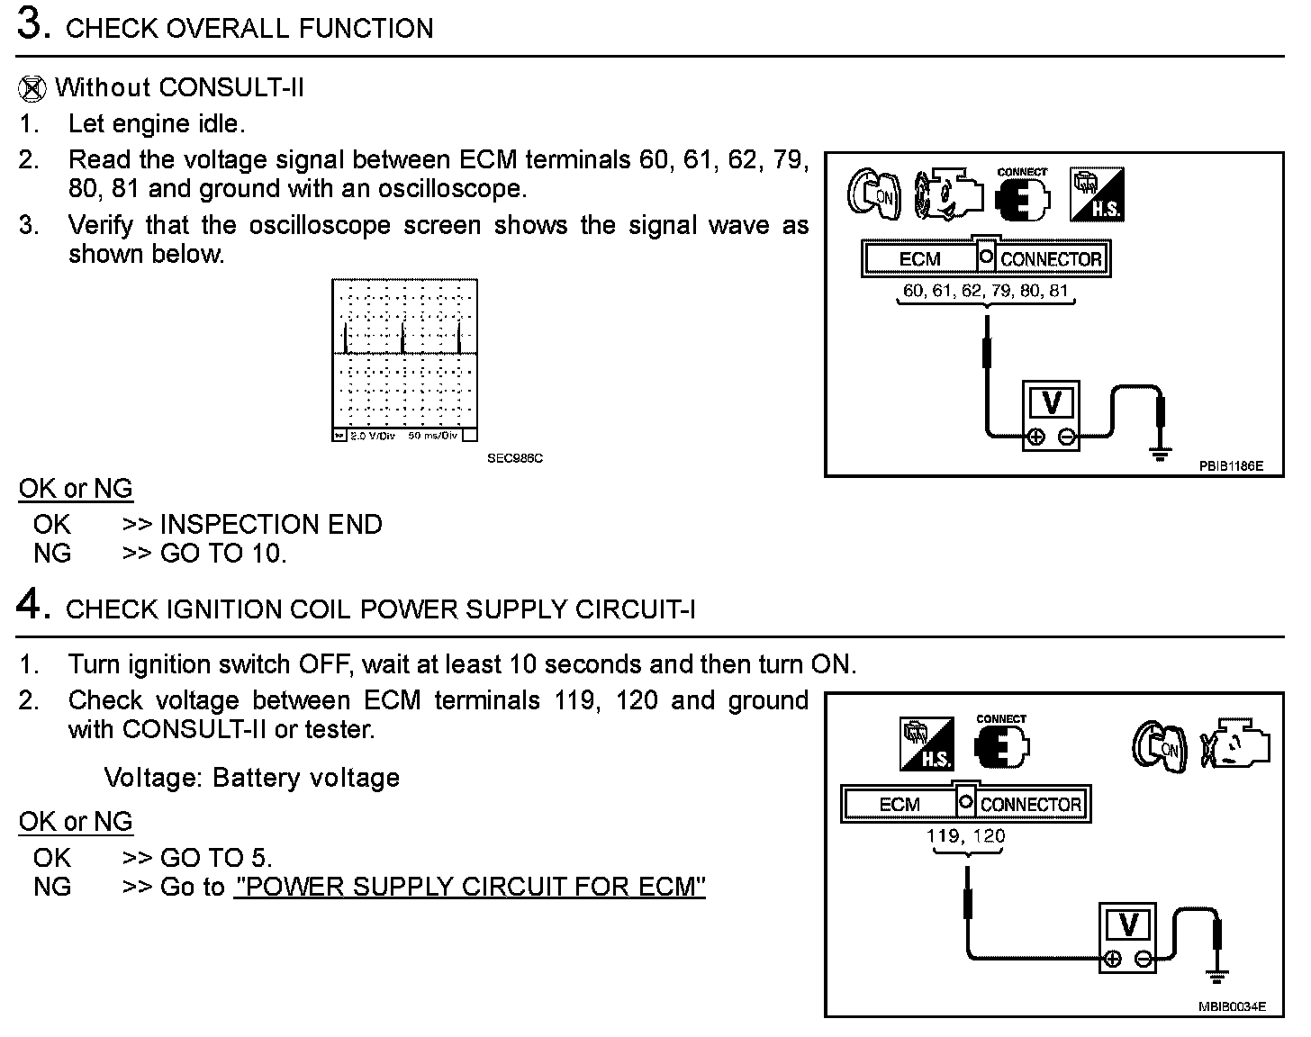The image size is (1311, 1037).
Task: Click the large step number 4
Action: [31, 605]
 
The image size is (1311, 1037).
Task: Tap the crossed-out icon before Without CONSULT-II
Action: [32, 89]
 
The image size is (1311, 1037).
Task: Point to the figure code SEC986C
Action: [515, 458]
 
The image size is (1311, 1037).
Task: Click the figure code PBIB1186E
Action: [1230, 466]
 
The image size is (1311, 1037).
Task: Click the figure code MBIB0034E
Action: [1231, 1007]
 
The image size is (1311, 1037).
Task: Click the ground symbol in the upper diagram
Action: [1161, 453]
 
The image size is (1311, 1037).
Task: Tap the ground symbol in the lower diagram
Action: [1217, 977]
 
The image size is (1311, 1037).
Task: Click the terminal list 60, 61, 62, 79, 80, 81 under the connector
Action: [985, 291]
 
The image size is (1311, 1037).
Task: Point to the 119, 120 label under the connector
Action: [965, 836]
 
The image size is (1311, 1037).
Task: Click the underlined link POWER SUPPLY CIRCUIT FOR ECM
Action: [469, 888]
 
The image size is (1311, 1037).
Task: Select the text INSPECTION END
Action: [270, 525]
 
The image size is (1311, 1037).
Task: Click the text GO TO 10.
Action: [222, 554]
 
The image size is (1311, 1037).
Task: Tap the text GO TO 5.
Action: [215, 858]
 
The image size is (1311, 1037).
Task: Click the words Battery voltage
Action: [306, 778]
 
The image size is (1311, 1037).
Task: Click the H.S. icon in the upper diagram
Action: [1096, 194]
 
